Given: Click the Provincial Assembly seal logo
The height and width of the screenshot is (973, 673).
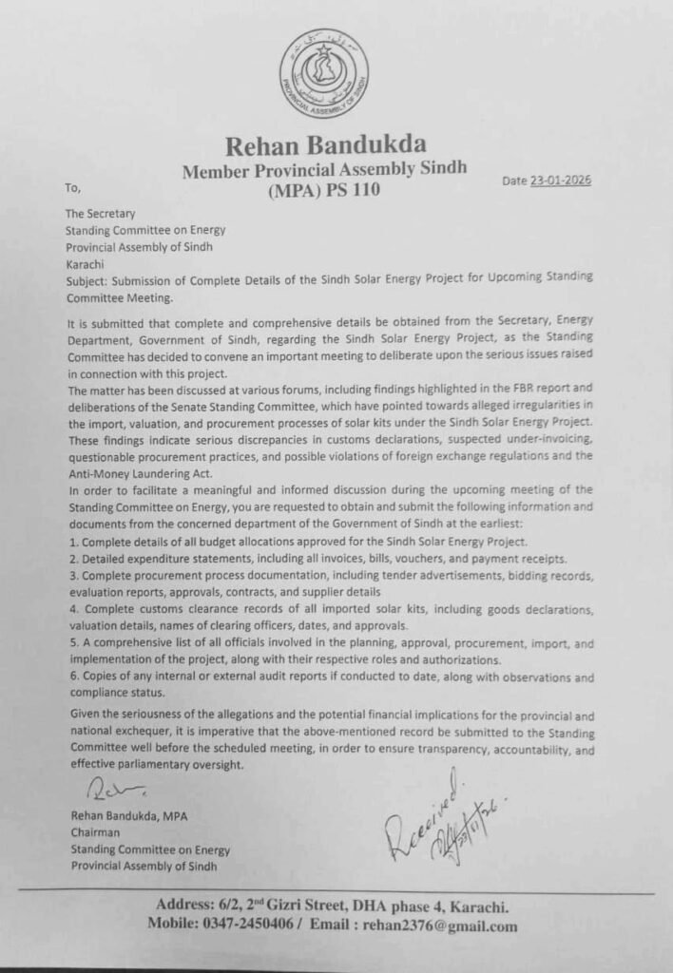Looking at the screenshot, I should pyautogui.click(x=324, y=74).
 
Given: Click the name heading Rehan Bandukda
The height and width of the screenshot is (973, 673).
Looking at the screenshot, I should pyautogui.click(x=325, y=145).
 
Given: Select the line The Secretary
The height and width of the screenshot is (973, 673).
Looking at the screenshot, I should pyautogui.click(x=100, y=214).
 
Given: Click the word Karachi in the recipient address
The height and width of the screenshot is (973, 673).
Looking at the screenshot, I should pyautogui.click(x=85, y=263).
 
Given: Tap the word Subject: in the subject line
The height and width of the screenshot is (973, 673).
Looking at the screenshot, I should pyautogui.click(x=89, y=280).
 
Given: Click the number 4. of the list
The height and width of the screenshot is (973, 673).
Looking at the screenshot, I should pyautogui.click(x=72, y=609).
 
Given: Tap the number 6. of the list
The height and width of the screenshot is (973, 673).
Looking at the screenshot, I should pyautogui.click(x=72, y=677).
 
